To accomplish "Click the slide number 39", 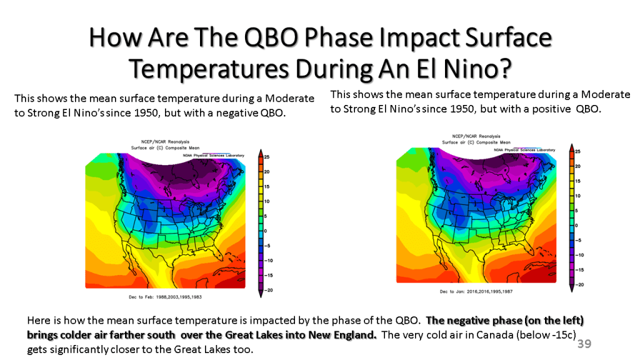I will click(584, 344).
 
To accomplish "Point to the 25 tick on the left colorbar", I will click(266, 157).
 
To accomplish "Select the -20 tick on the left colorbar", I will click(267, 289).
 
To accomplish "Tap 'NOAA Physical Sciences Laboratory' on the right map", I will click(524, 150).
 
